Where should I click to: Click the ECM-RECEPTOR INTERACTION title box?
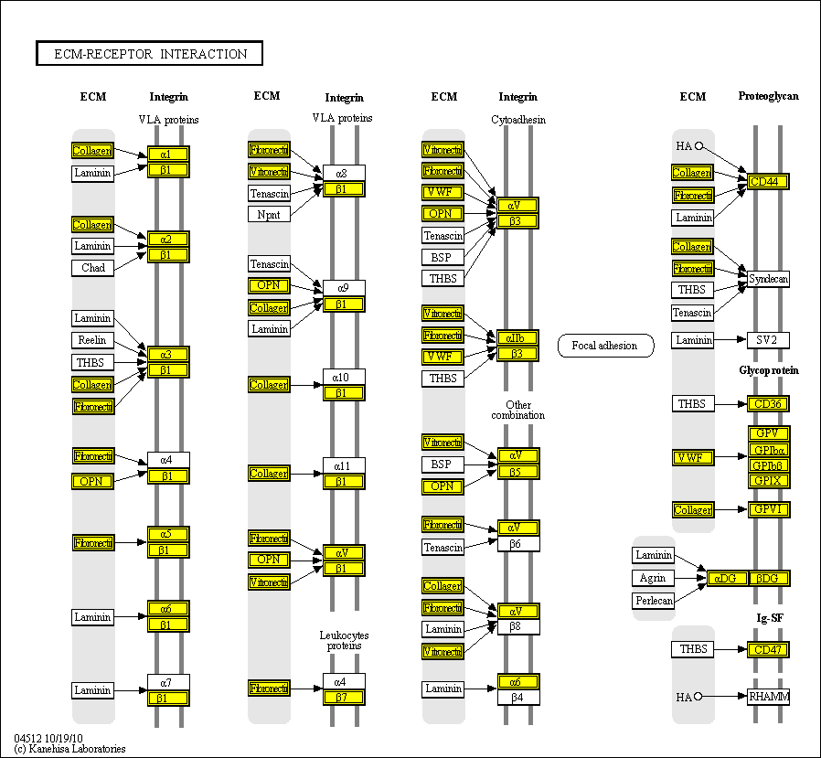click(x=149, y=54)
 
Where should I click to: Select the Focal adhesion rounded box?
click(x=605, y=346)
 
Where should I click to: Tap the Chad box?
click(x=93, y=268)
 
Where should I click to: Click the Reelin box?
click(x=93, y=340)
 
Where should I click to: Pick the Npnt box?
click(x=269, y=214)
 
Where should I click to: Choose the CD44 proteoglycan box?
click(x=768, y=182)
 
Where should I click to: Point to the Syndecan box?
click(x=768, y=278)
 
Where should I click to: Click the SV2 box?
click(x=768, y=340)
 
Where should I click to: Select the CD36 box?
click(x=768, y=403)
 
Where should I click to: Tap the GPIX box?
click(x=768, y=480)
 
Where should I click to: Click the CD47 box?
click(x=768, y=650)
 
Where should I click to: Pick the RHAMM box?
click(x=768, y=697)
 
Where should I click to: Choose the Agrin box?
click(x=654, y=578)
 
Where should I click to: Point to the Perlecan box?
click(x=654, y=601)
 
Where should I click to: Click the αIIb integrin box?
click(x=518, y=337)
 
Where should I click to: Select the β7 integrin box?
click(x=344, y=698)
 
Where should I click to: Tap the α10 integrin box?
click(x=344, y=377)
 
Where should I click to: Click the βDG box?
click(x=768, y=578)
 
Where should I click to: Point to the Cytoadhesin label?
click(x=517, y=120)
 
